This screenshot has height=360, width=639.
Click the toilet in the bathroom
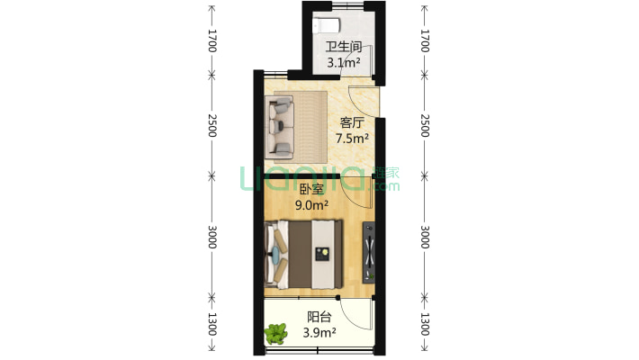pos(326,26)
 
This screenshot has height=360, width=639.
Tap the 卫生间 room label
pos(344,47)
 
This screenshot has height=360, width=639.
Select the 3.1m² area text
pos(344,62)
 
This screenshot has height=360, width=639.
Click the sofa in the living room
pos(280,127)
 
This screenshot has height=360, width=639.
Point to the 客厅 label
pos(352,122)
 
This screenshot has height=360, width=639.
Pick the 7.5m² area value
pos(352,139)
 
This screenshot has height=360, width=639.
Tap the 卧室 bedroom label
pos(311,189)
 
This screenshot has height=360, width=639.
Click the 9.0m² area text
pos(311,205)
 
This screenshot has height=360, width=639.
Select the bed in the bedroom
pos(303,255)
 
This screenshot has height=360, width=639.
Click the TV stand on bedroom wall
pos(369,252)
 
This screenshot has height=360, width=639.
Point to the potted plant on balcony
pos(276,334)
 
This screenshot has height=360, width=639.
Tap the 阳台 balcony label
pos(319,317)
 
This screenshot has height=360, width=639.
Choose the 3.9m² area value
pos(319,333)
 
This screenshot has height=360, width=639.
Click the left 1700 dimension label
pos(211,40)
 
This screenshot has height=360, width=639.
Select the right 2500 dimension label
pos(425,126)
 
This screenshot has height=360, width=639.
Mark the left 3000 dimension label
pos(211,237)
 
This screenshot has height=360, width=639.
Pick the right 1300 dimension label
pos(425,324)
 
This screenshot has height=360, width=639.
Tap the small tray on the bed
pos(323,254)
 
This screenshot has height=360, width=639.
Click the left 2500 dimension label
pos(211,126)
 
